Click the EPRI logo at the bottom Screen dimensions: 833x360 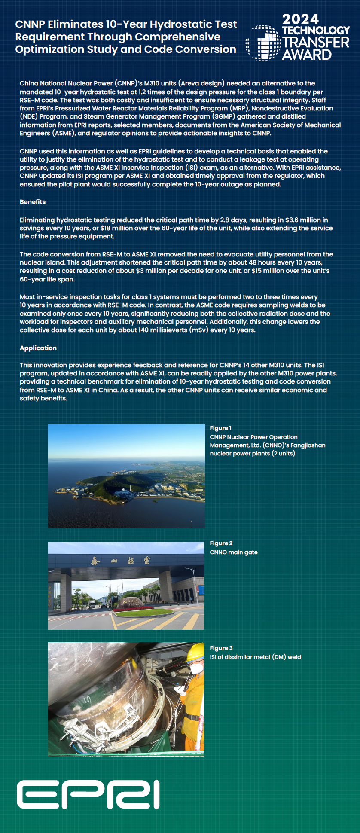coord(88,794)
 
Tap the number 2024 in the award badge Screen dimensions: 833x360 coord(300,19)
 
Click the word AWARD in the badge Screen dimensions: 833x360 coord(307,55)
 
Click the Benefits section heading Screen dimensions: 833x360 coord(33,202)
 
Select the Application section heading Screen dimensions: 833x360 coord(38,348)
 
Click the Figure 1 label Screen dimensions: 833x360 coord(220,428)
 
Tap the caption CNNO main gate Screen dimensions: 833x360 coord(234,552)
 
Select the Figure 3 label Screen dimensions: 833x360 coord(221,648)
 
